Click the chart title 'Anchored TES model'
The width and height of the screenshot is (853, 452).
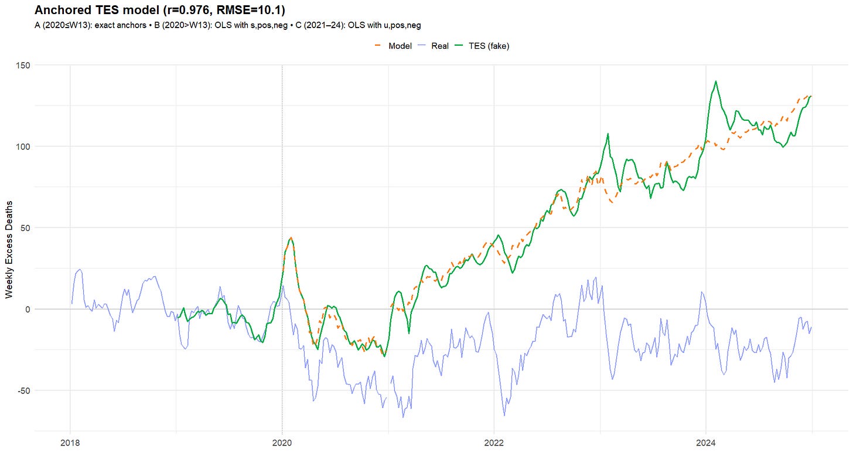93,10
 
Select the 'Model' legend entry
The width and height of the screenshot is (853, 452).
400,46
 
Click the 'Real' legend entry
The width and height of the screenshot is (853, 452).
439,46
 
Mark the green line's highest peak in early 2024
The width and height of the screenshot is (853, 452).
715,81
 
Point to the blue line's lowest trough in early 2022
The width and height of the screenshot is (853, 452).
504,415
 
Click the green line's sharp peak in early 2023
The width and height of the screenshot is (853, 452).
608,134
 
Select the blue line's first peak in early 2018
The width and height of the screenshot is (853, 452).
80,270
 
